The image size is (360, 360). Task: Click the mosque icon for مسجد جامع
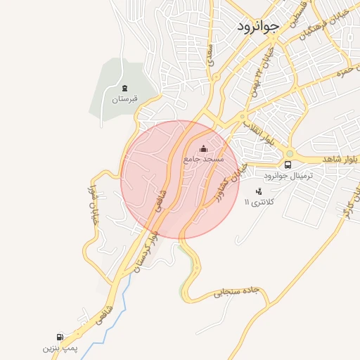point(204,148)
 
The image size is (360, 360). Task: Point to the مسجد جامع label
point(203,160)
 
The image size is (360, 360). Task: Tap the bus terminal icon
point(288,165)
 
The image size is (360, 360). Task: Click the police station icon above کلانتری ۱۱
point(259,191)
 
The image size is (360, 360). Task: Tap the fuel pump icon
point(59,337)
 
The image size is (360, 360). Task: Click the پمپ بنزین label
point(58,347)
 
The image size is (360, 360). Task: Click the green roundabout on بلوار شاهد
point(289,154)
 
